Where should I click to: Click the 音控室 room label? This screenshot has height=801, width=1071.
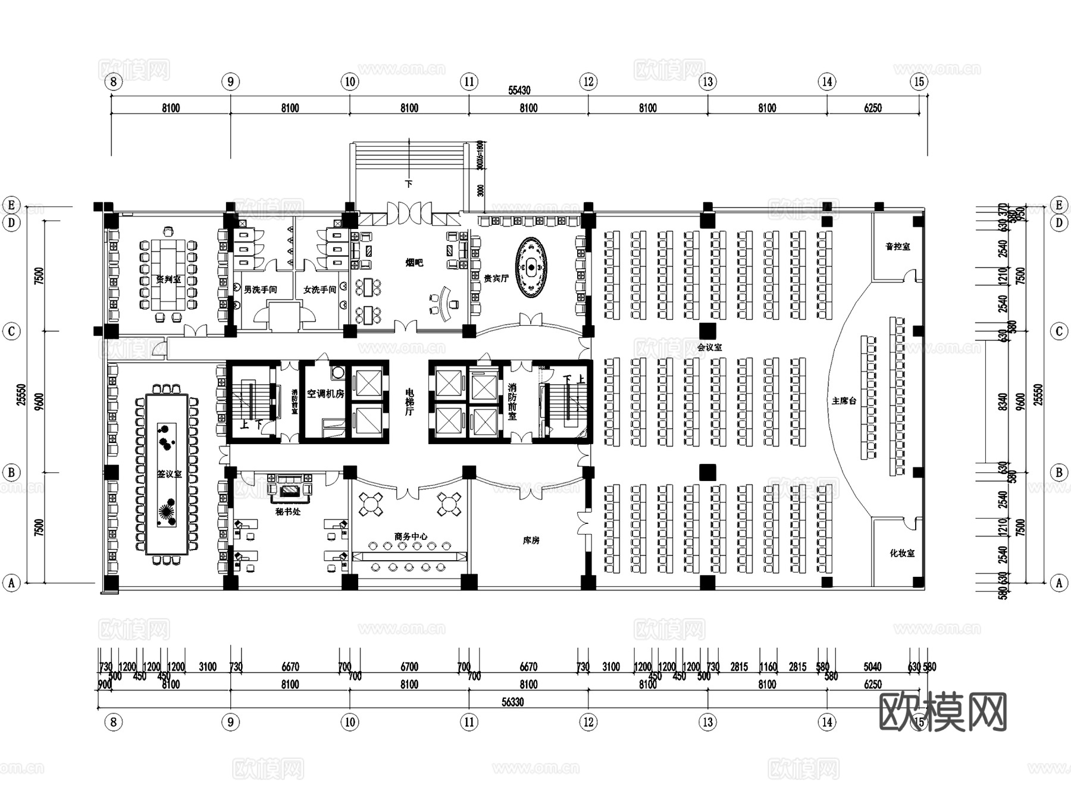[x=897, y=246]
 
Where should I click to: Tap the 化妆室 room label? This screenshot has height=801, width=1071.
[x=902, y=553]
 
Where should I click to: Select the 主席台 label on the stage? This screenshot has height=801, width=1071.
[x=844, y=401]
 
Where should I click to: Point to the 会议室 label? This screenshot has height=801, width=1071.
[x=709, y=347]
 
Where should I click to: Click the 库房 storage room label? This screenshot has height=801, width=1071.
[x=531, y=541]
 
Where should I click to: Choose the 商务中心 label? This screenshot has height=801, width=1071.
[x=411, y=536]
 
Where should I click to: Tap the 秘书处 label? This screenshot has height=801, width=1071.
[x=288, y=511]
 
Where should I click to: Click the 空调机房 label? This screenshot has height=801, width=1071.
[x=325, y=394]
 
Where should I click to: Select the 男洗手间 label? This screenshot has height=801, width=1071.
[x=260, y=290]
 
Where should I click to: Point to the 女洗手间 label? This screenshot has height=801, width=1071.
[x=320, y=290]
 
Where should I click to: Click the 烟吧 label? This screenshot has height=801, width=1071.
[x=414, y=262]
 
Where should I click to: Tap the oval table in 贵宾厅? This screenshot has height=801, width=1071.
[x=530, y=268]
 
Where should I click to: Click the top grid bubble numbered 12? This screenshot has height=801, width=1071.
[x=588, y=81]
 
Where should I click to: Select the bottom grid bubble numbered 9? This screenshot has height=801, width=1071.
[x=230, y=722]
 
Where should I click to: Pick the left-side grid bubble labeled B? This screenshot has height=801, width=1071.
[x=11, y=473]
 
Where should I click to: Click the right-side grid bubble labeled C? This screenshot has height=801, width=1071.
[x=1059, y=331]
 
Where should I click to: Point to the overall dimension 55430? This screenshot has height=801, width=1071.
[x=519, y=90]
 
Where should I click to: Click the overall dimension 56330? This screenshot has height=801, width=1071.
[x=512, y=702]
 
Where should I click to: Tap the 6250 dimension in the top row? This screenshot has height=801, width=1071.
[x=872, y=108]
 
